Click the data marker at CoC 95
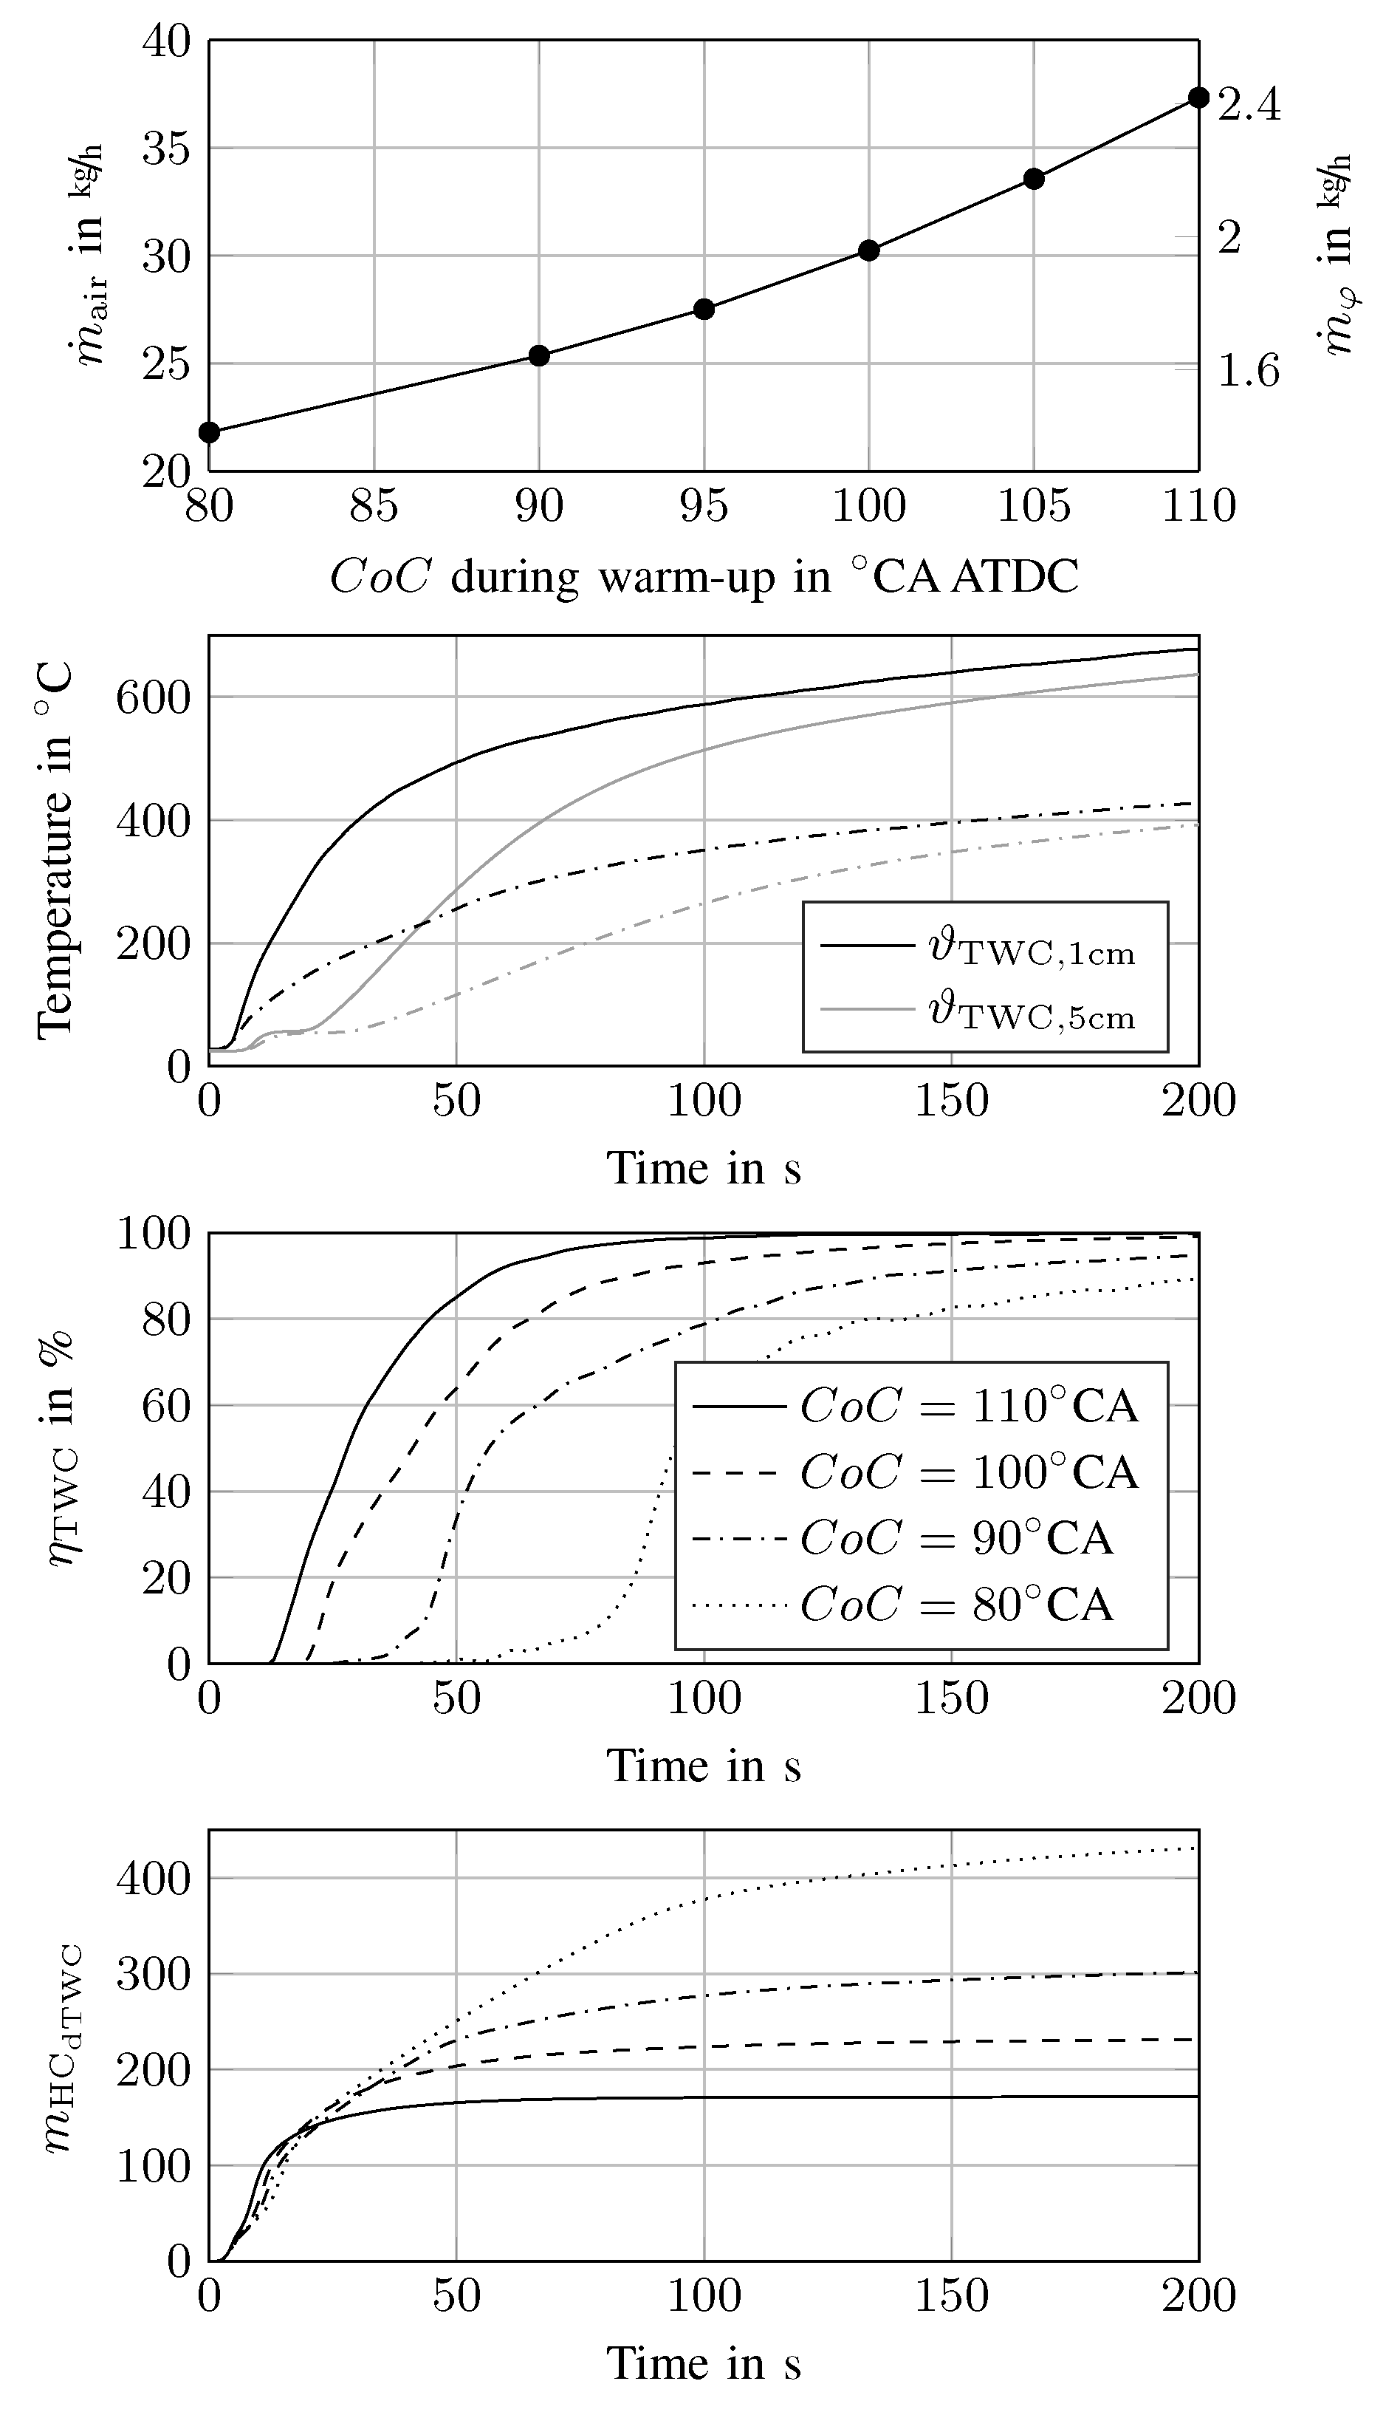coord(704,309)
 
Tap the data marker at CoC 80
coord(210,432)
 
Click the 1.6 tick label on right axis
coord(1249,370)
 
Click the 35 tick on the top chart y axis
coord(167,148)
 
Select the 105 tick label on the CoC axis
coord(1033,505)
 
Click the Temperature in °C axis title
coord(55,850)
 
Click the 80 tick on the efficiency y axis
coord(167,1320)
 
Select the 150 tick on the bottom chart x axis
coord(951,2296)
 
